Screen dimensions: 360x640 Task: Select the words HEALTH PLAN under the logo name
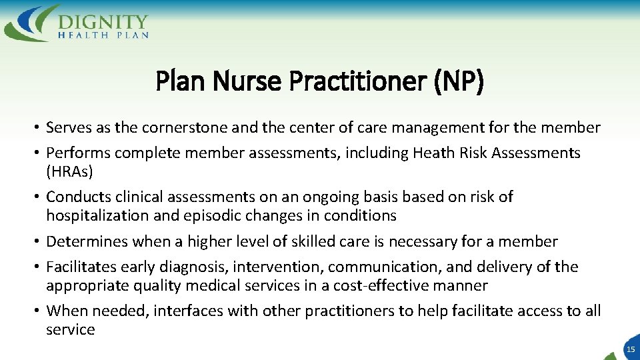103,35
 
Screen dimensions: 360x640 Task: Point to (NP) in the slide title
459,82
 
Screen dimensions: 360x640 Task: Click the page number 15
629,349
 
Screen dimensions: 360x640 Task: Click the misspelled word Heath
433,153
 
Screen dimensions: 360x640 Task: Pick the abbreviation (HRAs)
69,171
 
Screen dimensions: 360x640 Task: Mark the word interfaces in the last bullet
190,311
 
